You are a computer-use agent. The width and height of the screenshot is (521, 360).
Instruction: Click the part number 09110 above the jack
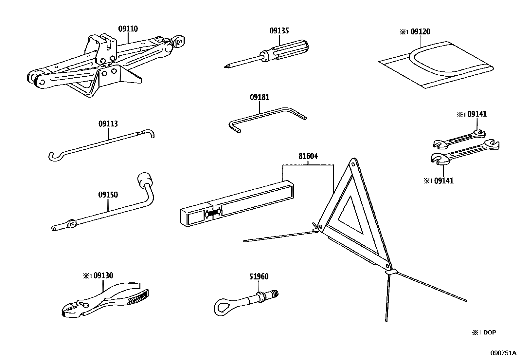(128, 29)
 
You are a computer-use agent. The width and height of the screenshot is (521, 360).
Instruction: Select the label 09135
(279, 31)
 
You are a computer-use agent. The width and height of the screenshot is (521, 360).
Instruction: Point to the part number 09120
(420, 32)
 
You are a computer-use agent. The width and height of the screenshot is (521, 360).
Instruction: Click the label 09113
(108, 124)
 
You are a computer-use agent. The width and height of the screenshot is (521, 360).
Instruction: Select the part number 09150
(108, 195)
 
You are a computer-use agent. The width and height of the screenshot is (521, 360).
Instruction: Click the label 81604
(308, 156)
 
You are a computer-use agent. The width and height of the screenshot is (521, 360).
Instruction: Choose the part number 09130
(103, 276)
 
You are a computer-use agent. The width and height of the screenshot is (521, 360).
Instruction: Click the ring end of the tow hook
(223, 306)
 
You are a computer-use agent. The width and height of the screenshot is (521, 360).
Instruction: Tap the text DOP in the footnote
(490, 332)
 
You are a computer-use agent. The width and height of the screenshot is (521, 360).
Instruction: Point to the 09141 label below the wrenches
(444, 180)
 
